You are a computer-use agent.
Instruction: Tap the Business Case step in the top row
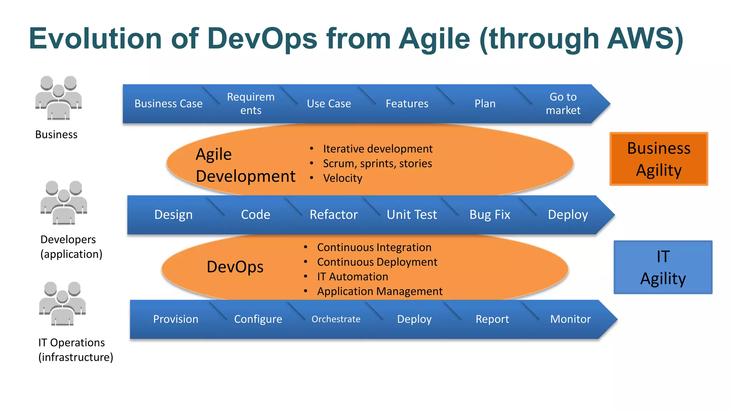pos(168,104)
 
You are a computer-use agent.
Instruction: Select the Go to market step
pos(563,104)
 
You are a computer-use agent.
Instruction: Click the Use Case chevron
pos(329,104)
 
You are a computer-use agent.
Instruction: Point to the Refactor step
pos(333,215)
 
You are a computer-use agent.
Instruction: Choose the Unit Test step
pos(412,215)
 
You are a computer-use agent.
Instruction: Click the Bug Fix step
pos(490,215)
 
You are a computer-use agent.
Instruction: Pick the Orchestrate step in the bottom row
pos(336,319)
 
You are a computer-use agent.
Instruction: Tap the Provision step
pos(175,319)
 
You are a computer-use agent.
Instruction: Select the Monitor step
pos(570,319)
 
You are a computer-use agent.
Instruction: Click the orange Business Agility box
pos(659,159)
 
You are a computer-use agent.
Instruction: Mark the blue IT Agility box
pos(663,267)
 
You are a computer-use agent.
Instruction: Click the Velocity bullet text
pos(342,178)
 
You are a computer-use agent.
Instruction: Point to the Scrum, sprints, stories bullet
pos(377,163)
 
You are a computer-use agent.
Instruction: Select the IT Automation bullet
pos(352,277)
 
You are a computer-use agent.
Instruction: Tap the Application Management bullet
pos(380,291)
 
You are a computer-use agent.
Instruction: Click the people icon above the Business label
pos(59,98)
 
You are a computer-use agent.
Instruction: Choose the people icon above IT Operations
pos(63,304)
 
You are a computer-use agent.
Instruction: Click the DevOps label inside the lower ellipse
pos(235,267)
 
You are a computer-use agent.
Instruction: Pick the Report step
pos(492,319)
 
